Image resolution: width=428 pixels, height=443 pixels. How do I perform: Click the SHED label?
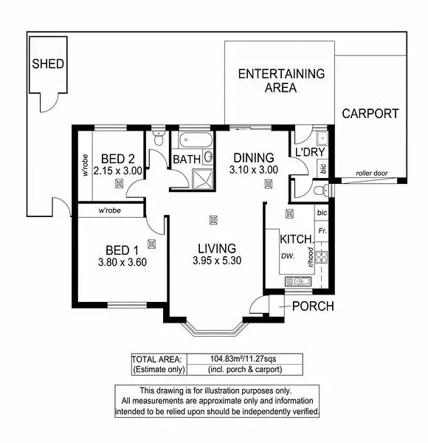pyautogui.click(x=48, y=63)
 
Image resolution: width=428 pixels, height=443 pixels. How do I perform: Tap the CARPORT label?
pyautogui.click(x=370, y=114)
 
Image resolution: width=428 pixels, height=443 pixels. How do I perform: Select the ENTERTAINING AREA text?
pyautogui.click(x=280, y=80)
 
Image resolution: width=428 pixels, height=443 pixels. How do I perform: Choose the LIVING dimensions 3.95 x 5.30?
pyautogui.click(x=216, y=261)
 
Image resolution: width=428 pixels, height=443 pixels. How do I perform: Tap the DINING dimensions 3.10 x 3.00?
pyautogui.click(x=254, y=169)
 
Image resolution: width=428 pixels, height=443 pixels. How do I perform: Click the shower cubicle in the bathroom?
pyautogui.click(x=201, y=177)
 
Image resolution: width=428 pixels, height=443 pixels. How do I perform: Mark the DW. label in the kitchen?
pyautogui.click(x=288, y=256)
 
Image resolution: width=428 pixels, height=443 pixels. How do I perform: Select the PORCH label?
pyautogui.click(x=313, y=306)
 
